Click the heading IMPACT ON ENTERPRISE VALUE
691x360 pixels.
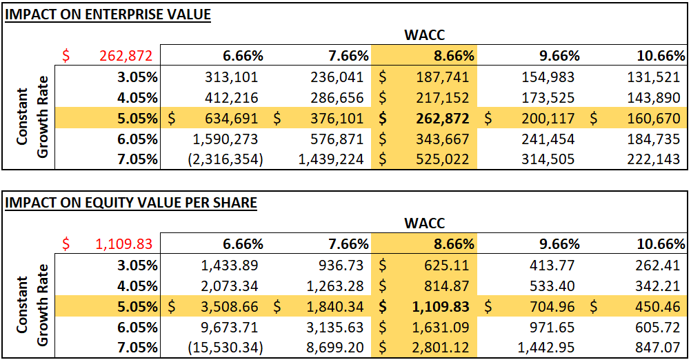click(x=108, y=14)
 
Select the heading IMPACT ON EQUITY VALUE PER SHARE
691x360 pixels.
click(x=131, y=203)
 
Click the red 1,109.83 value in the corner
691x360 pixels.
click(x=123, y=245)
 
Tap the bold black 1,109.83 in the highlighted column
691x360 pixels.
click(x=441, y=307)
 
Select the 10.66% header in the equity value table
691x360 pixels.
click(x=661, y=245)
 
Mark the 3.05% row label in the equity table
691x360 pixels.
click(x=137, y=266)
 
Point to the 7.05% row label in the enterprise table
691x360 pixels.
click(x=137, y=160)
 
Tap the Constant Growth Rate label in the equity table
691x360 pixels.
click(x=30, y=307)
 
